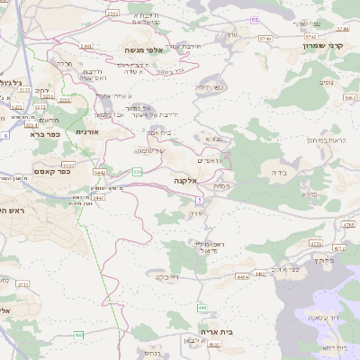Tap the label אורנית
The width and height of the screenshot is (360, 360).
[x=86, y=132]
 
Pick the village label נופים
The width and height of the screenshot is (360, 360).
[x=326, y=80]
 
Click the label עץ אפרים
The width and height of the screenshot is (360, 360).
[x=211, y=159]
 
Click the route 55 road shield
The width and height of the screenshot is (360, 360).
[x=255, y=19]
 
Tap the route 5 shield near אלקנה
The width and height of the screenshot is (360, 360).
[x=199, y=199]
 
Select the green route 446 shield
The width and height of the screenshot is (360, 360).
[x=202, y=308]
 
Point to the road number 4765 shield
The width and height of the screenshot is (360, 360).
[x=315, y=242]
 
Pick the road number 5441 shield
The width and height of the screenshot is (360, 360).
[x=85, y=45]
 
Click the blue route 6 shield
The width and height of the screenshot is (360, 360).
[x=4, y=135]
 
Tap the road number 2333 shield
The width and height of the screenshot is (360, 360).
[x=112, y=13]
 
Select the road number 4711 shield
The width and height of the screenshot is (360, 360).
[x=339, y=247]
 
